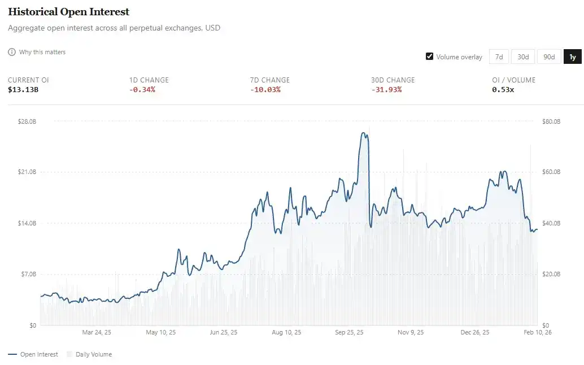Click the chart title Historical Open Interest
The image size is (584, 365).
tap(68, 12)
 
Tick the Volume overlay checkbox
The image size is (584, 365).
tap(430, 57)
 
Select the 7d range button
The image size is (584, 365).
tap(499, 57)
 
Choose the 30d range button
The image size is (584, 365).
tap(523, 57)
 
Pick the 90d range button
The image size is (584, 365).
tap(548, 57)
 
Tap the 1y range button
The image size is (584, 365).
tap(572, 57)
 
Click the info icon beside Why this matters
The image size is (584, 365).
tap(12, 52)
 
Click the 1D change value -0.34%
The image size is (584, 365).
tap(142, 90)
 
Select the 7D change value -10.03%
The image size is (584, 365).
tap(265, 90)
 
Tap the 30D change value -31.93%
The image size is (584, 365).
tap(386, 90)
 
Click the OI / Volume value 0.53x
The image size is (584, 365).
tap(503, 90)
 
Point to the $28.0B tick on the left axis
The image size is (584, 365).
tap(27, 121)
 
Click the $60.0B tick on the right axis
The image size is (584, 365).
tap(551, 172)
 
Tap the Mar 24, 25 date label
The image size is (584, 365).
tap(97, 332)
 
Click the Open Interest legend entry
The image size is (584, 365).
tap(33, 354)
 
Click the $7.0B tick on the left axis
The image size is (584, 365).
tap(28, 274)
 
